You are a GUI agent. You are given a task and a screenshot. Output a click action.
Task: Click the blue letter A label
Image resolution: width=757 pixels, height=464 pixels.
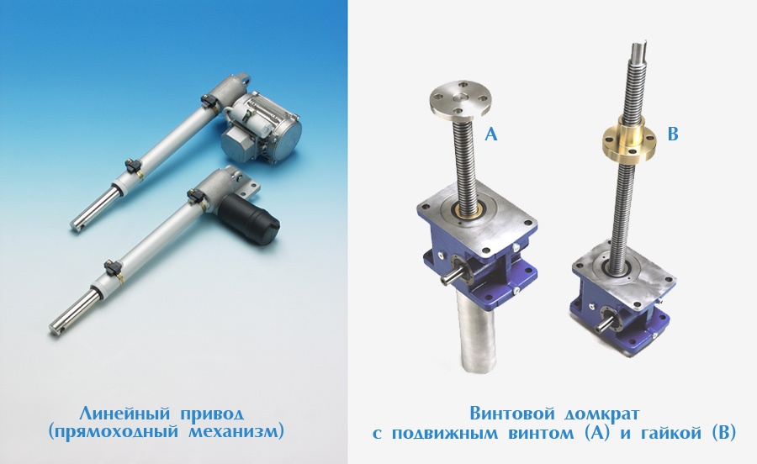point(490,134)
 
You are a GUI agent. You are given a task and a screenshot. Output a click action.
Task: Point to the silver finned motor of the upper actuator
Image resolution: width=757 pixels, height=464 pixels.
point(262,127)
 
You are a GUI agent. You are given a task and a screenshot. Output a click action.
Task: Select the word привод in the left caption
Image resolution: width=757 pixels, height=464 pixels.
point(213,414)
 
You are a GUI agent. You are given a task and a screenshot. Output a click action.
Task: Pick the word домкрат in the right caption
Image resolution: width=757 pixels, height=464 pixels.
point(602,414)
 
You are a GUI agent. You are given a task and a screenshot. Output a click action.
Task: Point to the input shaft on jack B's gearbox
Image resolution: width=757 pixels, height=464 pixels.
point(603,325)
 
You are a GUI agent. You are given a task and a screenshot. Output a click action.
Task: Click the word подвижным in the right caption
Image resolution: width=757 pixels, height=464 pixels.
point(445,433)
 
